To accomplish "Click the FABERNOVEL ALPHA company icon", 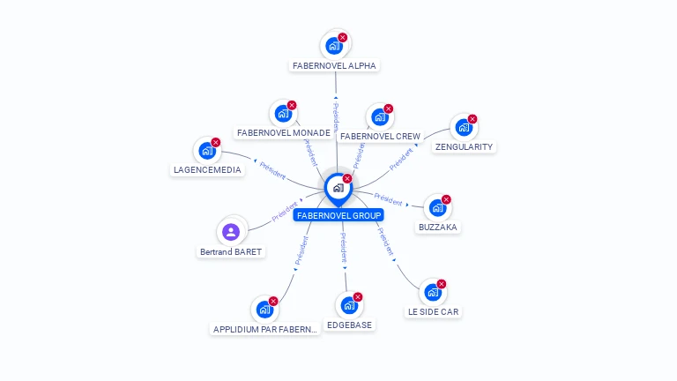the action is click(334, 45).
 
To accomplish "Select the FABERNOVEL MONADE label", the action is click(284, 133).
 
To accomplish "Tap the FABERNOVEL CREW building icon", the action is click(380, 116).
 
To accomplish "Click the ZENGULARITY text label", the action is click(465, 146).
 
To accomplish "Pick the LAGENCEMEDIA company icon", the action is click(207, 150).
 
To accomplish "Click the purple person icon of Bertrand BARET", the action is click(231, 232).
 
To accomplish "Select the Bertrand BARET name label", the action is click(231, 251).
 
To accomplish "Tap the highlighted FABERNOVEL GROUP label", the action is click(339, 215).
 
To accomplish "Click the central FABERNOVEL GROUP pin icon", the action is click(338, 188).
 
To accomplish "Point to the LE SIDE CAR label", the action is click(433, 311).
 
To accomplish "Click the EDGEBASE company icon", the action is click(350, 305).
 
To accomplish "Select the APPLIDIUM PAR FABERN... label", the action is click(265, 329).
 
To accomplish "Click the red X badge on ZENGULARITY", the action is click(472, 119).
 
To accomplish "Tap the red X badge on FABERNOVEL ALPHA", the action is click(343, 37).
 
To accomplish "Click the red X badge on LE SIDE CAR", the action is click(442, 284).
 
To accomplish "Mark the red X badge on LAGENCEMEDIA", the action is click(216, 142).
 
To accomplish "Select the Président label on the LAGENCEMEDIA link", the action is click(271, 170).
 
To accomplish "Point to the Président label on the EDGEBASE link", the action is click(344, 250).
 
